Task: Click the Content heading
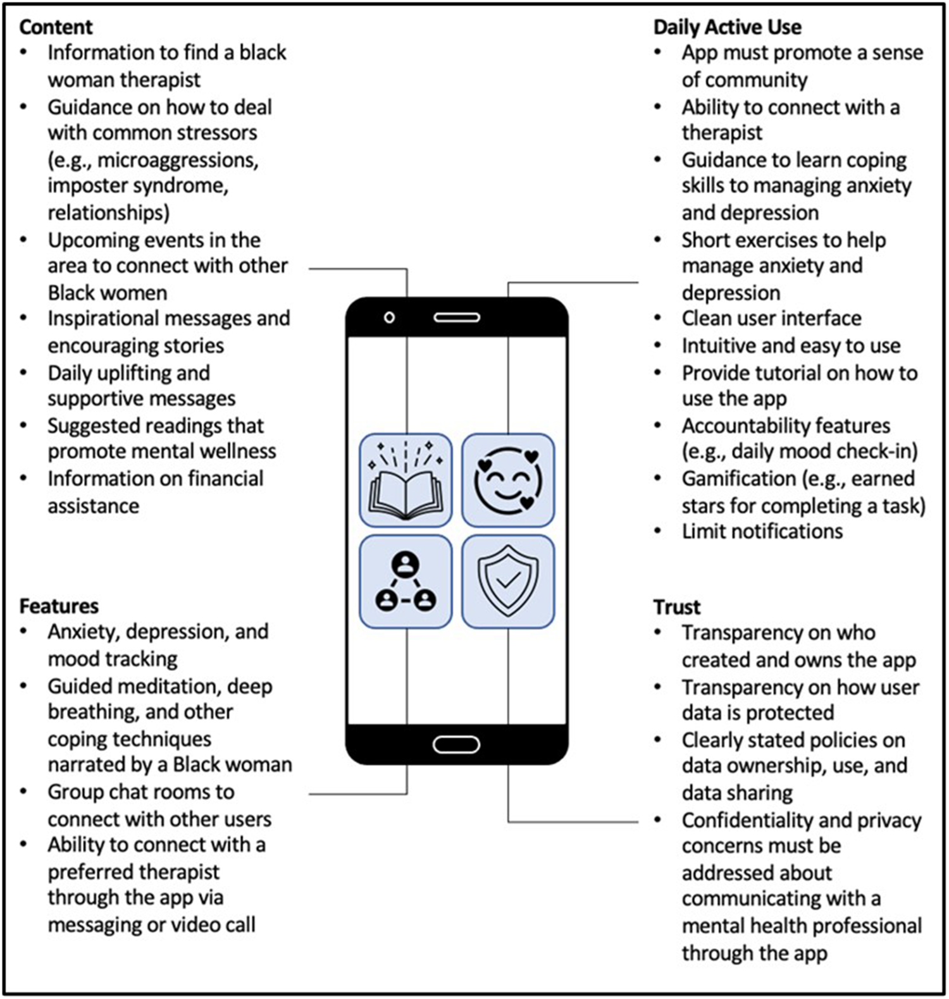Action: tap(56, 27)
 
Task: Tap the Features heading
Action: tap(59, 606)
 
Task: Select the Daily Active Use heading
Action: tap(727, 27)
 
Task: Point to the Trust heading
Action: tap(676, 608)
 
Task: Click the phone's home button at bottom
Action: tap(456, 745)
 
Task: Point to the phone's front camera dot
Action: tap(390, 317)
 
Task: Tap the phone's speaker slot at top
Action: tap(456, 317)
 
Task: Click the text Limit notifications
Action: tap(762, 532)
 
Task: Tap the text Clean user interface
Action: tap(771, 318)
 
